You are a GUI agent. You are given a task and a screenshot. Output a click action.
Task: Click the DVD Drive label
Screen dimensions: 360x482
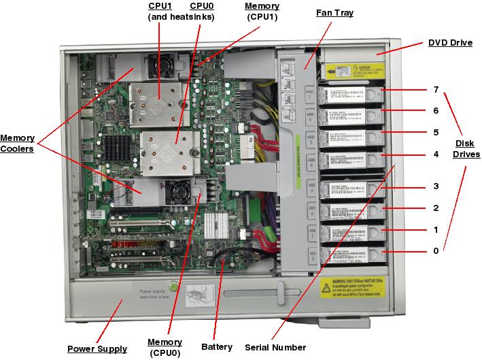(450, 43)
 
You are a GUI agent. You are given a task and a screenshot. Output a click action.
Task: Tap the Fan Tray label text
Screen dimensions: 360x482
(334, 13)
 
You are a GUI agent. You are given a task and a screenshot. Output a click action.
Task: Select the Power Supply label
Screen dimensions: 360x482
(97, 349)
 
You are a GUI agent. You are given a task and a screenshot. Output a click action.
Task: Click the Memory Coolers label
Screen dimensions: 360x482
(17, 144)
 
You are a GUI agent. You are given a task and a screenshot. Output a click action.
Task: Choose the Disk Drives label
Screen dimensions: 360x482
(466, 149)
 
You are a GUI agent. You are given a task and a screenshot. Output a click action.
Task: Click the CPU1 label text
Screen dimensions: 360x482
(161, 6)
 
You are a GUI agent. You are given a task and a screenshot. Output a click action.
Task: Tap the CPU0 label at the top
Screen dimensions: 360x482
(202, 6)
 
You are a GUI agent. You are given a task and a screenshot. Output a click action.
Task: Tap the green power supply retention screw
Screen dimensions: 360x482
(173, 287)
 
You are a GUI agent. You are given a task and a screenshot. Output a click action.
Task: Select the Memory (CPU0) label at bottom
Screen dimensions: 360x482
(165, 347)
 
